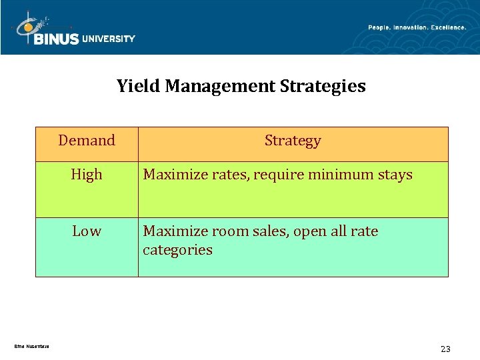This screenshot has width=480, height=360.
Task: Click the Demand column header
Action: (87, 141)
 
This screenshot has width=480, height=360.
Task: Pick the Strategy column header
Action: (293, 141)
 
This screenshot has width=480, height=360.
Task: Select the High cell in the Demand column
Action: (87, 175)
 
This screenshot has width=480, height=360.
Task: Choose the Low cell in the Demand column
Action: (87, 231)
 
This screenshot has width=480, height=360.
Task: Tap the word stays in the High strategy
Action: (395, 175)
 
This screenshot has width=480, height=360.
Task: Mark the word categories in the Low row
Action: (177, 250)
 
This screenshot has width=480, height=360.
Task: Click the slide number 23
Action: (445, 349)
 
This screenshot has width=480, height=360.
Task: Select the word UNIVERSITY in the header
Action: (109, 39)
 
